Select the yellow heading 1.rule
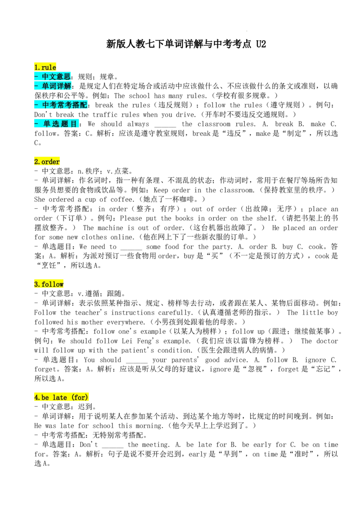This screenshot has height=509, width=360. click(x=45, y=67)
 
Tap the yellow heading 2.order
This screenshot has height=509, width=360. click(x=47, y=161)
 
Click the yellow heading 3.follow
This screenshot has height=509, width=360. click(x=49, y=284)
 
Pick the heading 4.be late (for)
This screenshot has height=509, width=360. click(x=61, y=397)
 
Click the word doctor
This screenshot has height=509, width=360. click(x=327, y=341)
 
